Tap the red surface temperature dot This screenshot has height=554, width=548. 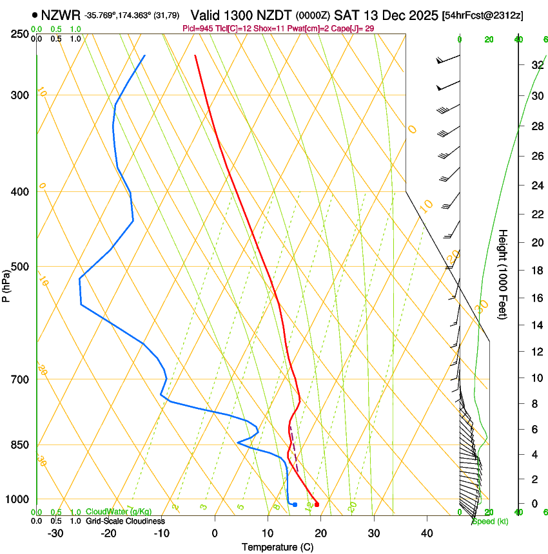(x=317, y=504)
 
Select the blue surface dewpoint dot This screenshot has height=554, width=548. (x=295, y=504)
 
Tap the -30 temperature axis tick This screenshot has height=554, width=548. (x=55, y=533)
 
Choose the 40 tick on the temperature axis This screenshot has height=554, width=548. (x=426, y=533)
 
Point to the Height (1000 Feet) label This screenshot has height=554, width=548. (x=504, y=274)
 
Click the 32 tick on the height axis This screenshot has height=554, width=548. (x=518, y=64)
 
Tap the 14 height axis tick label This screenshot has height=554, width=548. (x=518, y=325)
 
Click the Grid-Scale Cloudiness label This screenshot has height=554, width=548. (x=124, y=521)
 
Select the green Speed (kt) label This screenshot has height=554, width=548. (x=489, y=521)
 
